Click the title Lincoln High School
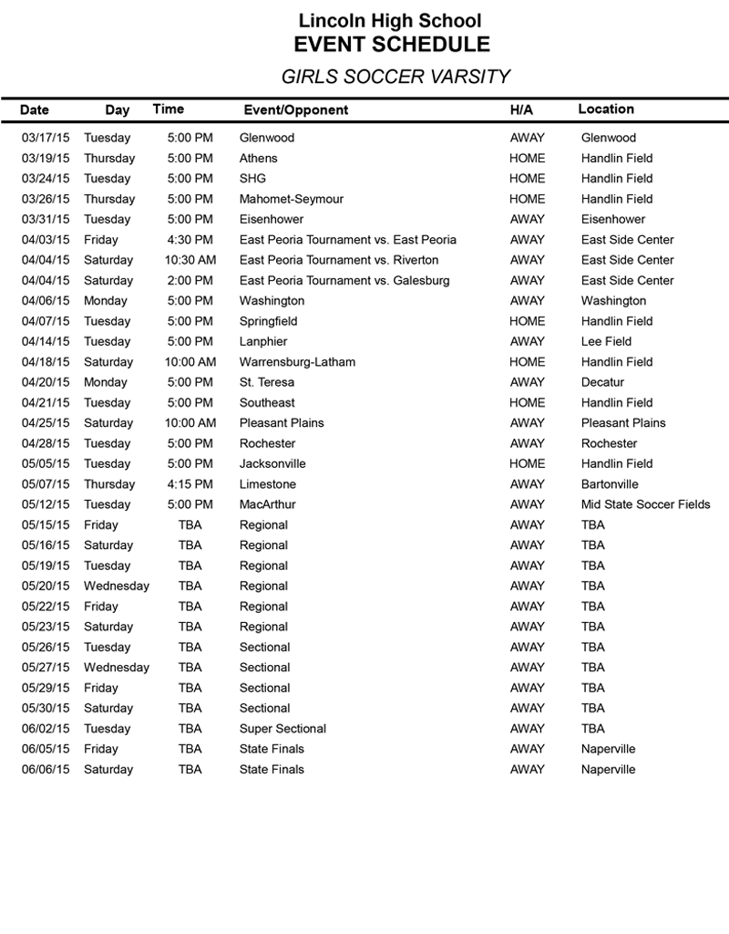click(390, 21)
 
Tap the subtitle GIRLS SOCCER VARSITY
click(395, 78)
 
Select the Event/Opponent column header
click(296, 110)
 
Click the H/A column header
click(521, 110)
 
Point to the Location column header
click(606, 109)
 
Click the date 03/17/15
click(46, 138)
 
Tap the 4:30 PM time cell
click(190, 240)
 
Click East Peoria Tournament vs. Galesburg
click(344, 280)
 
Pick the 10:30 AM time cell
click(190, 260)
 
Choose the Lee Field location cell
click(606, 341)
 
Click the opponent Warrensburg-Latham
click(297, 362)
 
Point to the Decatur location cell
click(602, 382)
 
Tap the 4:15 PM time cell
click(190, 484)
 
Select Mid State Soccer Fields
click(645, 504)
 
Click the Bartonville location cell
click(610, 484)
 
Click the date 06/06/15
click(46, 769)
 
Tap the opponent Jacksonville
click(272, 463)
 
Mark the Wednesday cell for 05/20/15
click(117, 586)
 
